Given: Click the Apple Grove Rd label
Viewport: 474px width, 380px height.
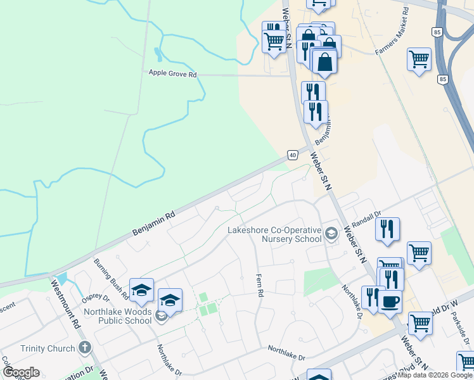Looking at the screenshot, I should (x=172, y=73).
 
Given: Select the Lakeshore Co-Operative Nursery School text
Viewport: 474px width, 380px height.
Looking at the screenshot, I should (x=274, y=234).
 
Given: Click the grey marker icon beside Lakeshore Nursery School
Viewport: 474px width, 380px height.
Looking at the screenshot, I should (x=331, y=235).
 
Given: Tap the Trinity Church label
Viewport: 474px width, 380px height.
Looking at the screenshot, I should (x=48, y=348).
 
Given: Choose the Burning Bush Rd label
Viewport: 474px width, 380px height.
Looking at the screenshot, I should (x=107, y=272).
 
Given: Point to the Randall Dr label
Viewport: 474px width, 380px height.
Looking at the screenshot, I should (x=367, y=218).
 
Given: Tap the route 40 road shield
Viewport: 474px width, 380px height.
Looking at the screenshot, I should (x=292, y=155).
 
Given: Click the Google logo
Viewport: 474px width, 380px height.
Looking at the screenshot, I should (x=21, y=372).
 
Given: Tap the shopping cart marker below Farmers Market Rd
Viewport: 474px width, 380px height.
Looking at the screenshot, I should (x=419, y=60).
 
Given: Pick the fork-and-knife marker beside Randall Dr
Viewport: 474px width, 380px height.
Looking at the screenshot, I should (x=387, y=228).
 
